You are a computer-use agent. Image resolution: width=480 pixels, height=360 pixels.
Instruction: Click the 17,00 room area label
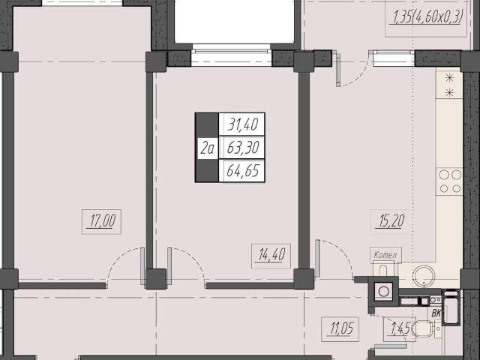(102, 222)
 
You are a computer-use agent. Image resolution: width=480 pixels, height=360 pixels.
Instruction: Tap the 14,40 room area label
(271, 255)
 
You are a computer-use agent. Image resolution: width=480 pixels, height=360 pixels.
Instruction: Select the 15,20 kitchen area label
(391, 221)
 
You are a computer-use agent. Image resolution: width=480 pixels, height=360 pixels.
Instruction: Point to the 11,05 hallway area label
(340, 329)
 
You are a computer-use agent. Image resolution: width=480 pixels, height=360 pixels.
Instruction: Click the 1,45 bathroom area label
(400, 329)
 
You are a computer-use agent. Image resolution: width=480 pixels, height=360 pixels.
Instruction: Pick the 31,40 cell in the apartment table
(242, 124)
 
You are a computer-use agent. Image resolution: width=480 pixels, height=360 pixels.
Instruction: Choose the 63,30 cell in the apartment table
(242, 148)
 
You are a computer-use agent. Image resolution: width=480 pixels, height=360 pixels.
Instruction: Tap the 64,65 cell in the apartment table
(242, 171)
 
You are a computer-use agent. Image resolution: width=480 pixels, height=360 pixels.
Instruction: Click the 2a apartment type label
(207, 148)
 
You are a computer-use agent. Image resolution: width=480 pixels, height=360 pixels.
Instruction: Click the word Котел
(385, 255)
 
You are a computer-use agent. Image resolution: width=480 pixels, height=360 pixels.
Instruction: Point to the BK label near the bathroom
(436, 313)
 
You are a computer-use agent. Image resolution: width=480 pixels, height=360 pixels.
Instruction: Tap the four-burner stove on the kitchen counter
(449, 181)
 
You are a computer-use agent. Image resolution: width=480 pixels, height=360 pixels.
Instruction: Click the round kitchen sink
(424, 276)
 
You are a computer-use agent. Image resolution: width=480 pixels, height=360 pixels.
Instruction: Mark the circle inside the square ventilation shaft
(383, 291)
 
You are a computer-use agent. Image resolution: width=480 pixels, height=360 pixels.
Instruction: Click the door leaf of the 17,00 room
(142, 266)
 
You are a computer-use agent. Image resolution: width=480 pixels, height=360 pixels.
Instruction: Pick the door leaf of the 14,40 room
(169, 266)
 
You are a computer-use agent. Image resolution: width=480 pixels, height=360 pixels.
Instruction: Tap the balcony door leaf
(338, 69)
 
